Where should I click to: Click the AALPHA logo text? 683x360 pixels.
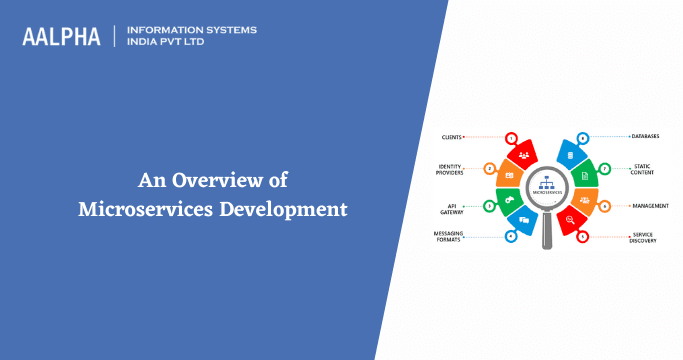(x=61, y=36)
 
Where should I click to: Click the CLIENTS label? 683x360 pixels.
(x=451, y=136)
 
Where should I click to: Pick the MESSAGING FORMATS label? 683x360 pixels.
(x=449, y=238)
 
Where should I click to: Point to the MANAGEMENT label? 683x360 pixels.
(x=650, y=205)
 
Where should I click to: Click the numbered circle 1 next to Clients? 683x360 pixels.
(x=511, y=137)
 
